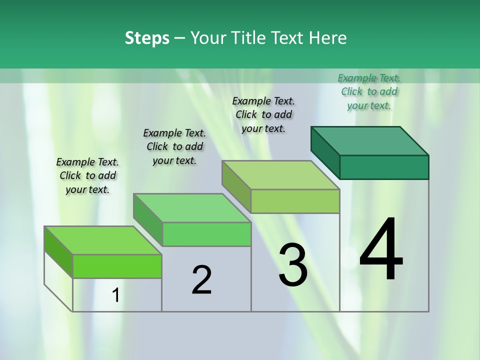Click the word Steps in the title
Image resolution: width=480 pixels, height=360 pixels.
(x=147, y=38)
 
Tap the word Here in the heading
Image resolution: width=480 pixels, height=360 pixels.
(x=328, y=38)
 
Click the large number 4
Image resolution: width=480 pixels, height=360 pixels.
(x=381, y=250)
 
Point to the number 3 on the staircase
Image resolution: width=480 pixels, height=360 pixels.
(x=293, y=265)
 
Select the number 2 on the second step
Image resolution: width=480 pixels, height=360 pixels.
(x=201, y=280)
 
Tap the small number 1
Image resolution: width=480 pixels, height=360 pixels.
(x=116, y=295)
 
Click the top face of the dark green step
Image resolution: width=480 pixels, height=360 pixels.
(x=370, y=141)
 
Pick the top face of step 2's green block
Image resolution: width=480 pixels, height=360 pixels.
(x=192, y=208)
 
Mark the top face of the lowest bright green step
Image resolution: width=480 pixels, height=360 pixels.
(x=103, y=240)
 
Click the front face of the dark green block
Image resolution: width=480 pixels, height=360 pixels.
(x=384, y=167)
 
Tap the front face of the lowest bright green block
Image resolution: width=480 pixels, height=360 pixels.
(x=117, y=266)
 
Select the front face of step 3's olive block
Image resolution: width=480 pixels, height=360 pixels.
(x=295, y=201)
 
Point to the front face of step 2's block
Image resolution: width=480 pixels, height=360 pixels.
(x=206, y=234)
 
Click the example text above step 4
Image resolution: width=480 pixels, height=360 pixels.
(x=369, y=91)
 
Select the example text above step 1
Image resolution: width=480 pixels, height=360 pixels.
(x=87, y=175)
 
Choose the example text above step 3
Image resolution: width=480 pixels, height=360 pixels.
(x=263, y=114)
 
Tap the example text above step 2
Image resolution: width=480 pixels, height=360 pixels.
(x=174, y=146)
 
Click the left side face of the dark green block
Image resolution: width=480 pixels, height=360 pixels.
(x=325, y=152)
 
